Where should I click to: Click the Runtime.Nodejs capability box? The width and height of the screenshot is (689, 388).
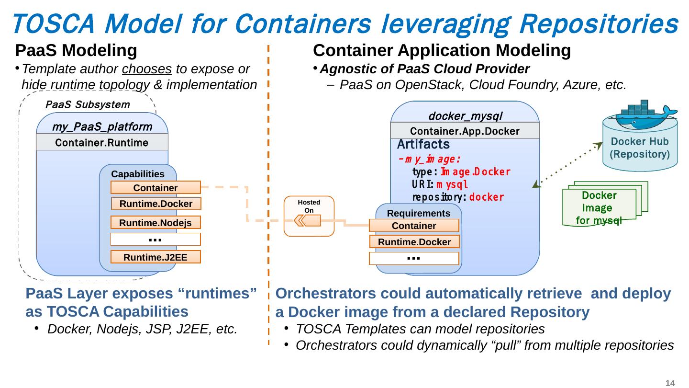(x=156, y=223)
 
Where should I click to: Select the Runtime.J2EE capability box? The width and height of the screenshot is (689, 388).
(x=156, y=257)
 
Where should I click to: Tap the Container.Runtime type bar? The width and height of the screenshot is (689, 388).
(x=102, y=142)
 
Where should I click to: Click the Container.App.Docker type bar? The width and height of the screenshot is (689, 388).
(x=465, y=131)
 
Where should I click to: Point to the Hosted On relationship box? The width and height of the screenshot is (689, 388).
(x=309, y=217)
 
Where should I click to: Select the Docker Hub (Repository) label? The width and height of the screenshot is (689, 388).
(x=640, y=148)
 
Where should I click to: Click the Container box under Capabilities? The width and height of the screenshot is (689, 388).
(x=156, y=188)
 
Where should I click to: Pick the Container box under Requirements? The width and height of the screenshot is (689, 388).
(x=414, y=226)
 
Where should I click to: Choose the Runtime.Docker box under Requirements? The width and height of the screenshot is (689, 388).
(x=414, y=242)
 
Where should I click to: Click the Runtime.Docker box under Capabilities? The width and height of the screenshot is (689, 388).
(x=156, y=204)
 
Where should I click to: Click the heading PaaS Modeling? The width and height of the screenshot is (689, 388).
(x=77, y=50)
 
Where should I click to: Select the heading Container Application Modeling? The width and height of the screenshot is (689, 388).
(x=442, y=50)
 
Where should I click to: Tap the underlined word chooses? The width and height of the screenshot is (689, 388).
(x=147, y=69)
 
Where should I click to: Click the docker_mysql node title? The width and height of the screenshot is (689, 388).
(x=465, y=116)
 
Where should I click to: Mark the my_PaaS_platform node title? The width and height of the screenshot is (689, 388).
(x=102, y=127)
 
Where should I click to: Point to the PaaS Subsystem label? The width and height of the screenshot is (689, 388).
(x=87, y=104)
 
